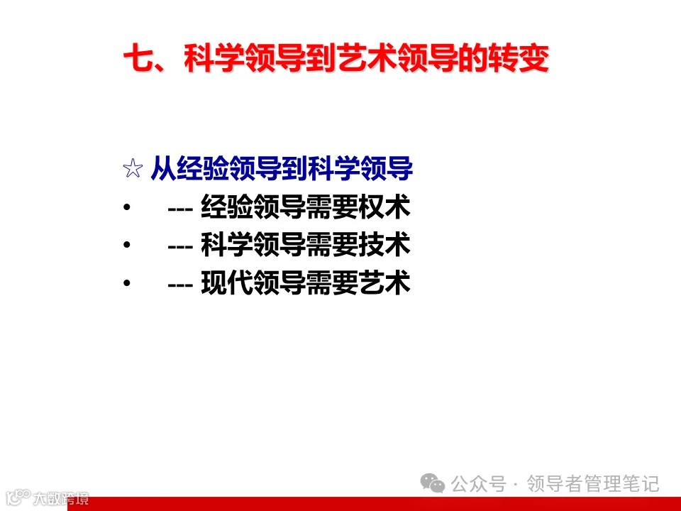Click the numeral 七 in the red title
pyautogui.click(x=137, y=60)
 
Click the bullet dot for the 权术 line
pyautogui.click(x=126, y=209)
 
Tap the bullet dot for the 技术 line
pyautogui.click(x=126, y=246)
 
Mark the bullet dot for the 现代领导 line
pyautogui.click(x=126, y=284)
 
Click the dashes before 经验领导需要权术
pyautogui.click(x=182, y=209)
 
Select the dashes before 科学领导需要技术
pyautogui.click(x=182, y=247)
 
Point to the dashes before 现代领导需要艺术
pyautogui.click(x=182, y=285)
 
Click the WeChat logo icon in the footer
pyautogui.click(x=433, y=484)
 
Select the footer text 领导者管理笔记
pyautogui.click(x=594, y=484)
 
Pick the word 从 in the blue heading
pyautogui.click(x=162, y=170)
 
